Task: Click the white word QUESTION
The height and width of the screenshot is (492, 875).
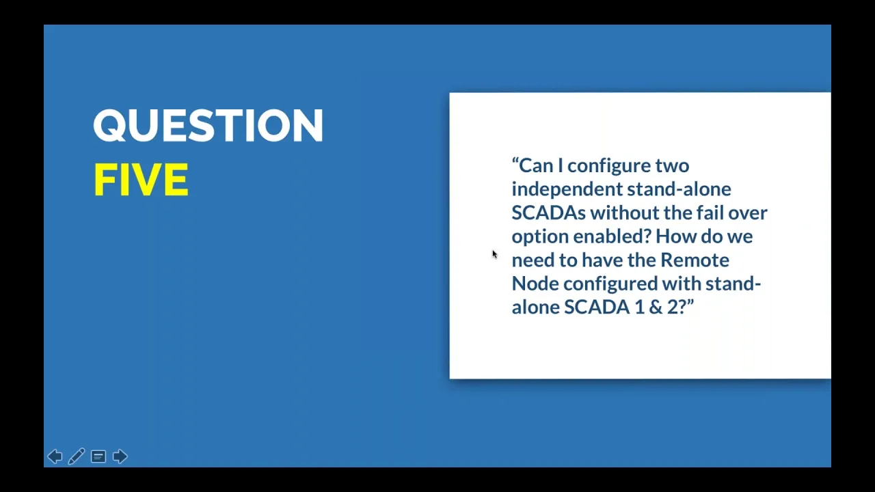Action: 208,125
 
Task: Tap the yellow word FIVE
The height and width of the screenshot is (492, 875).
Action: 141,180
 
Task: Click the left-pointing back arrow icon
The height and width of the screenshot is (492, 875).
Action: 55,456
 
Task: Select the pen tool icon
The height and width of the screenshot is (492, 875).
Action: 77,456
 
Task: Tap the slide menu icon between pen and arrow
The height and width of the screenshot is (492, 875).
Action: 98,456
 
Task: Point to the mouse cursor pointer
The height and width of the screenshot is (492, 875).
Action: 494,254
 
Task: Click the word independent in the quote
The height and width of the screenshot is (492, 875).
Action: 567,189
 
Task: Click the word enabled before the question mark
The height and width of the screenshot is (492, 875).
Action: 612,236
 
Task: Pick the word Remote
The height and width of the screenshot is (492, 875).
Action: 695,260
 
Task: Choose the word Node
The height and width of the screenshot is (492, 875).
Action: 535,284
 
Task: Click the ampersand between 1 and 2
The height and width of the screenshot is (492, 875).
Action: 656,307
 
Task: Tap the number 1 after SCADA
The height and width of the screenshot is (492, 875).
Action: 639,307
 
